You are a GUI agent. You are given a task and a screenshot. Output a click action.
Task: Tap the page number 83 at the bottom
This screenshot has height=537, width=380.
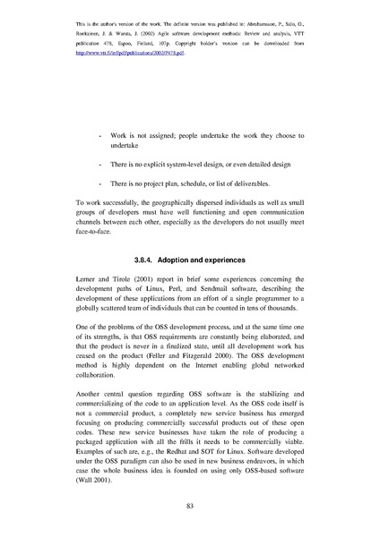coord(190,507)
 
